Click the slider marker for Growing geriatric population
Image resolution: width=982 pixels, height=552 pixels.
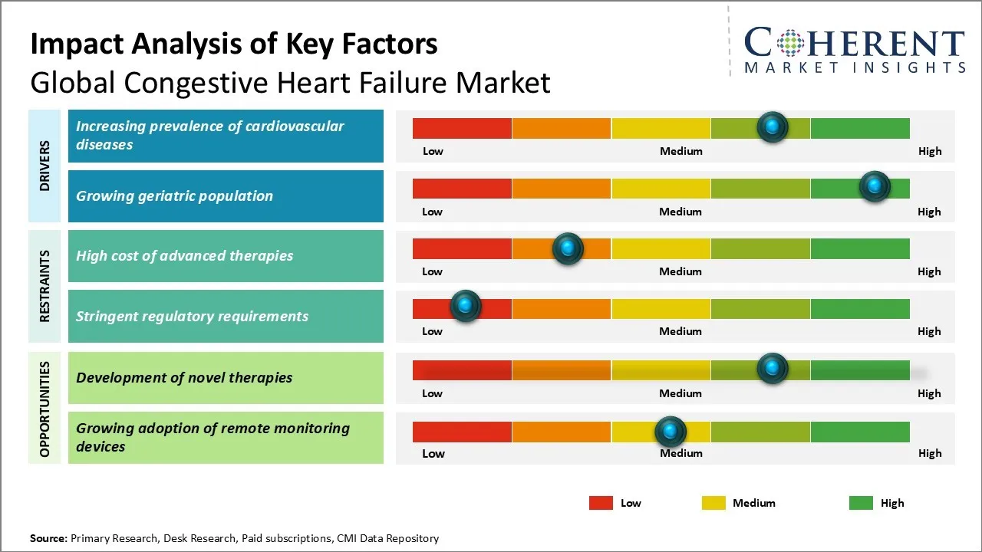[x=874, y=186]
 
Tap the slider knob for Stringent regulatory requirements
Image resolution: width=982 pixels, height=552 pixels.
[x=465, y=306]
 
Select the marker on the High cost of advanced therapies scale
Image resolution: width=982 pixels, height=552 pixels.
[x=568, y=248]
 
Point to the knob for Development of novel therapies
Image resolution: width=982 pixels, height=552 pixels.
[x=773, y=368]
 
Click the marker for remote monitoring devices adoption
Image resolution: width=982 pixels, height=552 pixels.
[x=670, y=432]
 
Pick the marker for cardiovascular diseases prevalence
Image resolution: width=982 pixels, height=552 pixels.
[x=773, y=127]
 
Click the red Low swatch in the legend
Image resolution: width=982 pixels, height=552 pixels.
[x=601, y=503]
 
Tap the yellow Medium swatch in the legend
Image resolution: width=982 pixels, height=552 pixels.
[x=713, y=503]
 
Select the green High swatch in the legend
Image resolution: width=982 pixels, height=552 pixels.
[x=861, y=503]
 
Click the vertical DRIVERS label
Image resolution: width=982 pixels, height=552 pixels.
[x=44, y=166]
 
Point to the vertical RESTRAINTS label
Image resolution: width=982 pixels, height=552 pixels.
[x=44, y=286]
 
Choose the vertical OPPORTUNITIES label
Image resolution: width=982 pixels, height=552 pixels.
[x=44, y=409]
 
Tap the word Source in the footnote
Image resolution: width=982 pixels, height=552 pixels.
[x=48, y=538]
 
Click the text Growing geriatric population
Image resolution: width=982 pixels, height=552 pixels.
[x=174, y=196]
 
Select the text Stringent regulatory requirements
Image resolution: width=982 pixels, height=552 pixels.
[x=192, y=317]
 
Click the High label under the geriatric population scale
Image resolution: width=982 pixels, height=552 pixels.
[x=929, y=212]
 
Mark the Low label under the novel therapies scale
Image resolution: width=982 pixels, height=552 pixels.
[x=432, y=393]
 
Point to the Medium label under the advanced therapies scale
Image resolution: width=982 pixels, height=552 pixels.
[x=680, y=271]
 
